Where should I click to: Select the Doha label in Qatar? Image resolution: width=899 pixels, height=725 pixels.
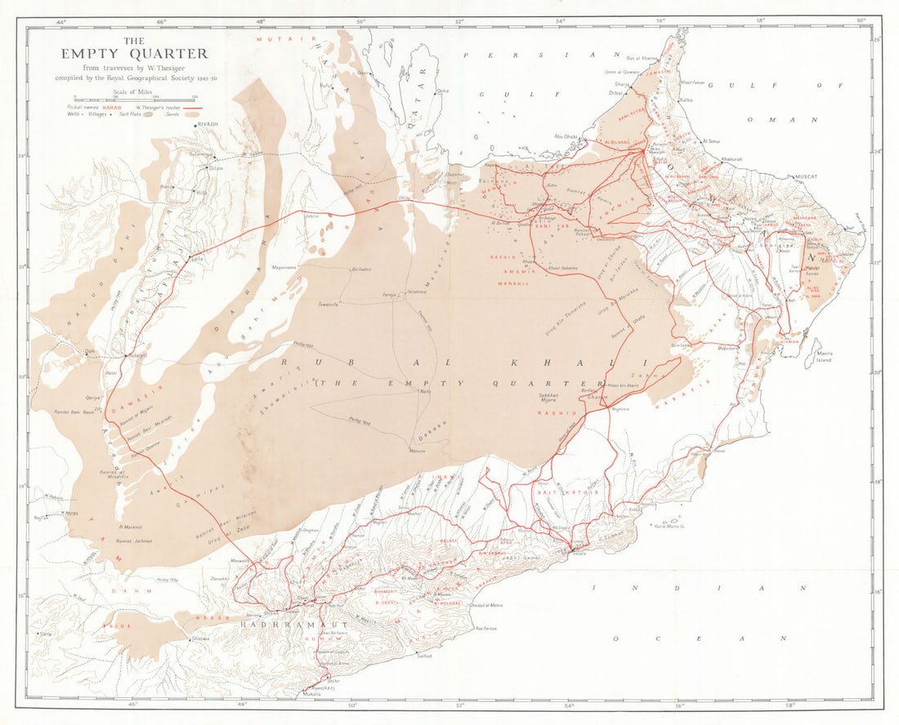pyautogui.click(x=443, y=91)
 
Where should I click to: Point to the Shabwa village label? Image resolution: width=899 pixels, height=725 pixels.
pyautogui.click(x=200, y=638)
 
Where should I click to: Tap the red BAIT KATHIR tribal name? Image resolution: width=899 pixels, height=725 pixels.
pyautogui.click(x=558, y=493)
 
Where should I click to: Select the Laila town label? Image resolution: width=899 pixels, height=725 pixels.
pyautogui.click(x=195, y=259)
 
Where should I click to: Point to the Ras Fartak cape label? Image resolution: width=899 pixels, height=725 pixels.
pyautogui.click(x=484, y=628)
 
